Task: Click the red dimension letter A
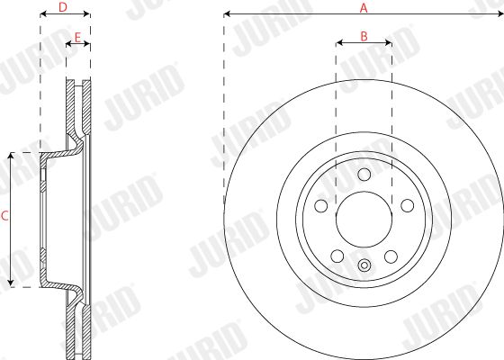pos(364,8)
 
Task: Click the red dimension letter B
pos(364,36)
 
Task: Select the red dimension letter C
pos(4,216)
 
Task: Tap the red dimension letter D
pos(63,7)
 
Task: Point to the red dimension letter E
pos(77,38)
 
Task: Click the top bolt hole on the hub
pos(364,175)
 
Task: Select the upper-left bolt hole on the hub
pos(321,206)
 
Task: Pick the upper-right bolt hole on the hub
pos(407,206)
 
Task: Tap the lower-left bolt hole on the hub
pos(337,256)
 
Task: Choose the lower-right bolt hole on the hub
pos(391,256)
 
